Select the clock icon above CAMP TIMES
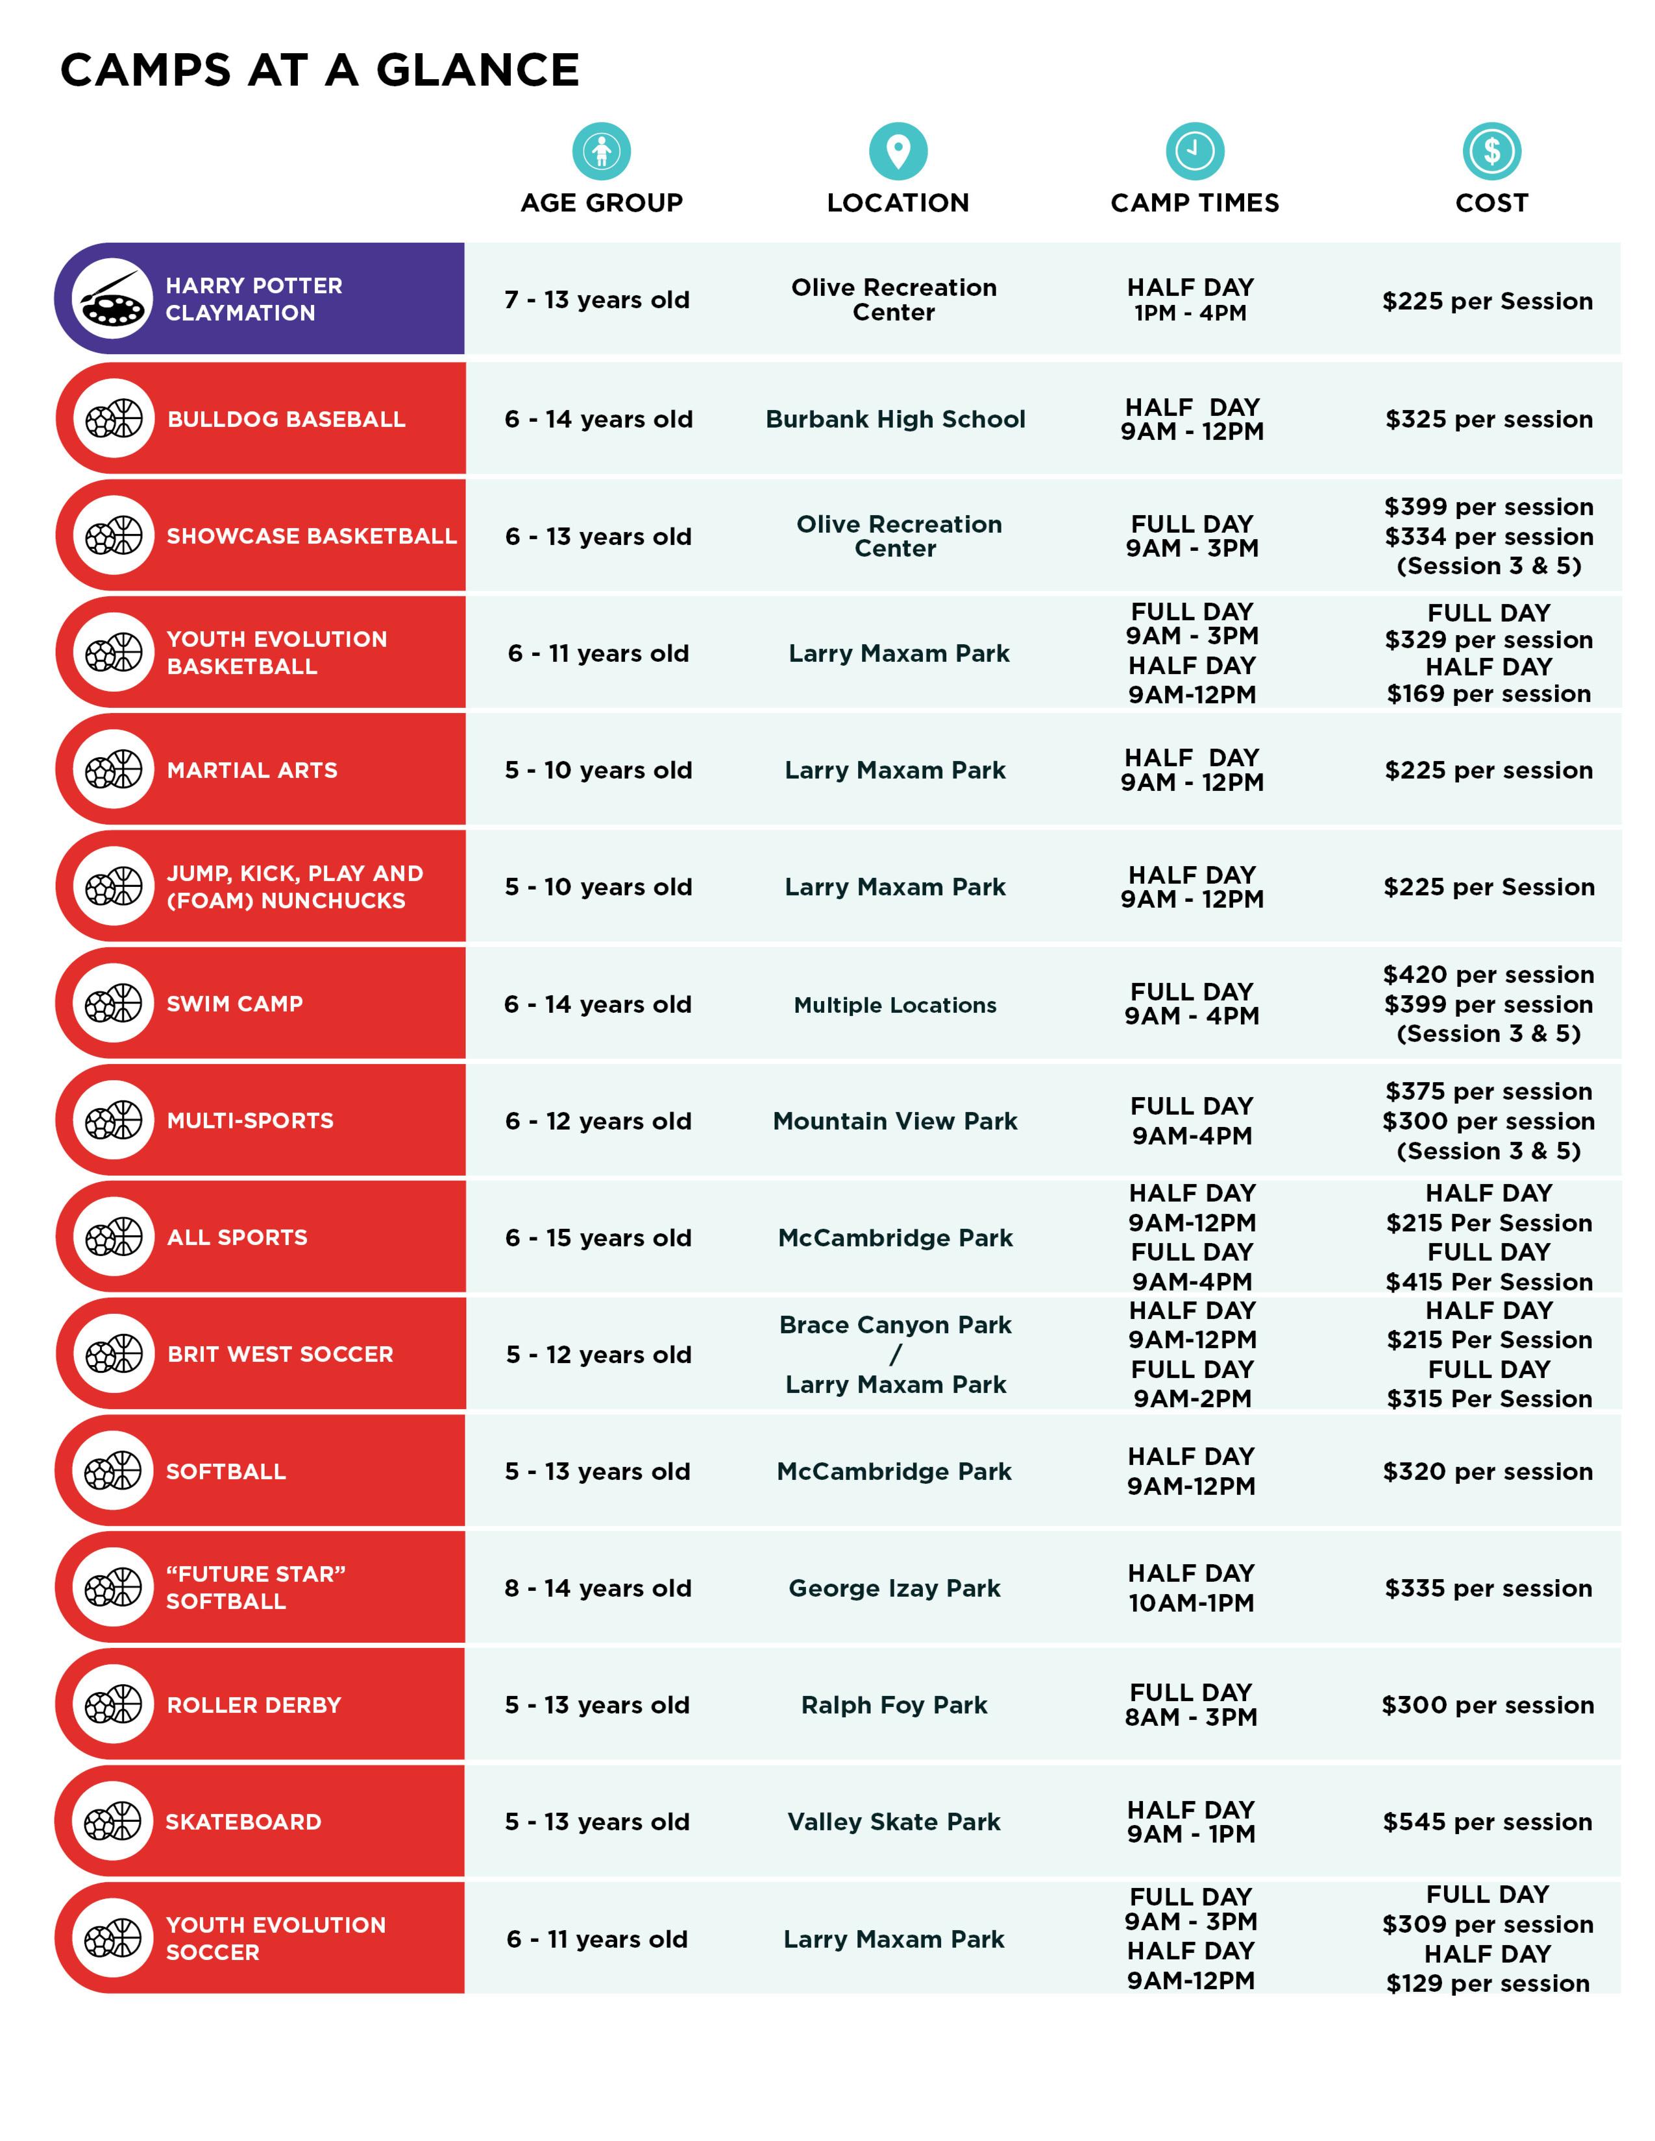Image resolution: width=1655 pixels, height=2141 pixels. click(x=1194, y=151)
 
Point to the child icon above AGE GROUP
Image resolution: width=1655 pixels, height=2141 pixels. click(x=601, y=151)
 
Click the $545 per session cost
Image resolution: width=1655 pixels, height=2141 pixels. click(x=1488, y=1821)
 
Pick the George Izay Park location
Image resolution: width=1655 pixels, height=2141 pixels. click(x=894, y=1588)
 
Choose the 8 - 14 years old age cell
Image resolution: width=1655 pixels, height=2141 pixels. click(x=598, y=1588)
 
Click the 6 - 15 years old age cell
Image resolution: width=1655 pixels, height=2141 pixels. click(x=598, y=1238)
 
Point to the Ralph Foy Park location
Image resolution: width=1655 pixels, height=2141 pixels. click(x=894, y=1705)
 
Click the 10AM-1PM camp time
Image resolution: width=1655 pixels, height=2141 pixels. click(x=1191, y=1603)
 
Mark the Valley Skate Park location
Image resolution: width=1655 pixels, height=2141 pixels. click(x=894, y=1821)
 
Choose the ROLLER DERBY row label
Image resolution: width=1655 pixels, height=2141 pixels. click(x=254, y=1705)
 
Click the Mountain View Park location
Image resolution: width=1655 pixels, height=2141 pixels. click(x=895, y=1120)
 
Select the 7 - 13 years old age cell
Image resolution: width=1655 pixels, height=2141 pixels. click(x=597, y=300)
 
